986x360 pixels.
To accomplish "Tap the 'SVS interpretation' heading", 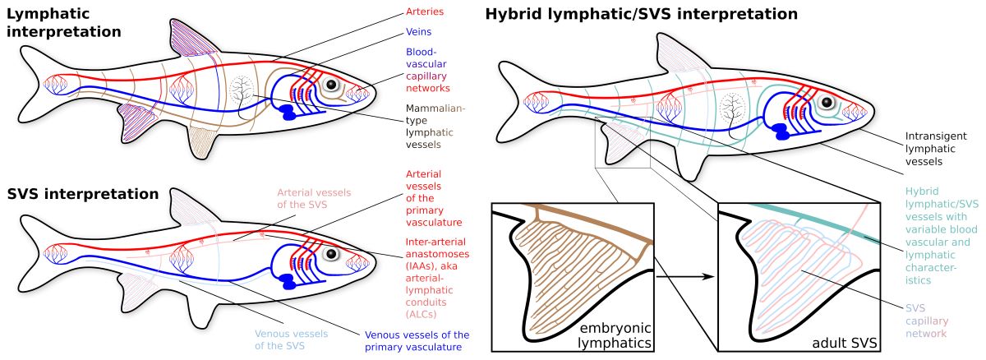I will click(82, 195).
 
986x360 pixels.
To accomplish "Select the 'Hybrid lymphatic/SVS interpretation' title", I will click(641, 14).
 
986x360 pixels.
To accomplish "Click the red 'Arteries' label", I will click(425, 12).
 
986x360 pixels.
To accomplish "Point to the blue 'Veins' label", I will click(419, 32).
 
